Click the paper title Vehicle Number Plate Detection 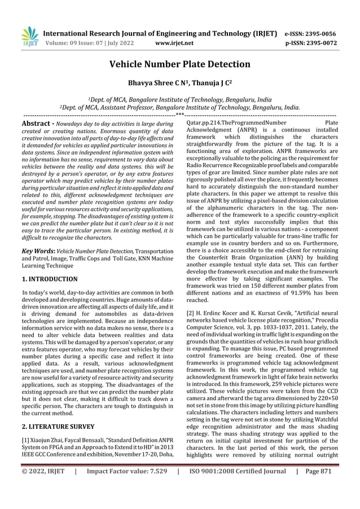tap(179, 64)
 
